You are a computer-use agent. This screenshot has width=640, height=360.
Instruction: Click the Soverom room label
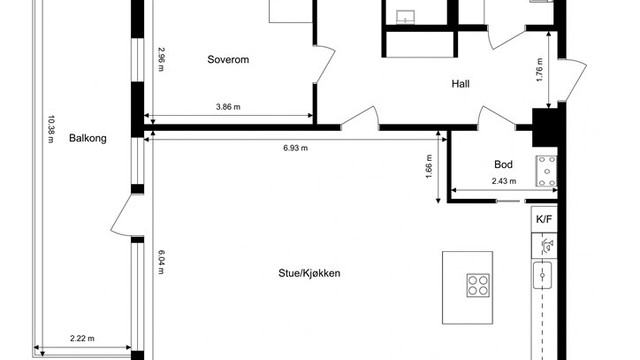click(x=227, y=60)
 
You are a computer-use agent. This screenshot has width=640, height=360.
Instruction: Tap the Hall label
click(x=460, y=85)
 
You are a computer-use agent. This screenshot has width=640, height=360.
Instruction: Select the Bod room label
click(x=504, y=165)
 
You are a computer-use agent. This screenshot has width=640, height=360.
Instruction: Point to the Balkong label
click(x=88, y=139)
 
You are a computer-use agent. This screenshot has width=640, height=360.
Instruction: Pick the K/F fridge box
click(x=543, y=219)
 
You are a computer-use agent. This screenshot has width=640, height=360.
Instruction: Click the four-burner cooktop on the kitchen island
click(x=478, y=285)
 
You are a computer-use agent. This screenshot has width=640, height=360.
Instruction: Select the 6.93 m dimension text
click(x=294, y=149)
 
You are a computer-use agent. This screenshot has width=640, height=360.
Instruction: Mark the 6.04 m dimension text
click(x=160, y=262)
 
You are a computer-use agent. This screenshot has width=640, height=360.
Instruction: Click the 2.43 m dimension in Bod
click(x=505, y=181)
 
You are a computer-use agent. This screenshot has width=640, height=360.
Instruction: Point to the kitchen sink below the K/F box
click(x=544, y=273)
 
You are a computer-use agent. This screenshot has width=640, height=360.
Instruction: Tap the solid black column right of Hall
click(x=546, y=125)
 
